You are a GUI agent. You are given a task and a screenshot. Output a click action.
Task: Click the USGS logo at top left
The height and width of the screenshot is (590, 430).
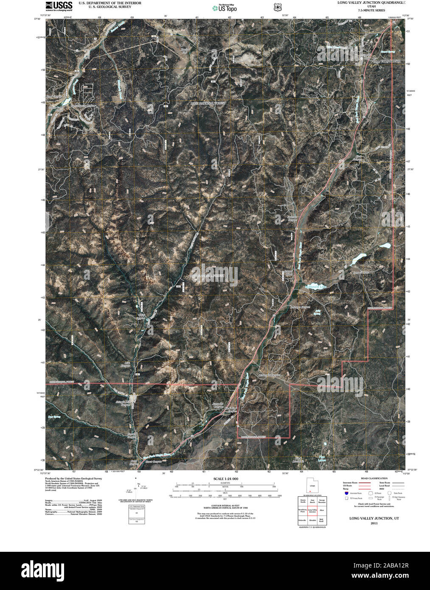[59, 6]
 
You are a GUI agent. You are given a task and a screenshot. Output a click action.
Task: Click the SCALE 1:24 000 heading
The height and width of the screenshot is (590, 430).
[226, 479]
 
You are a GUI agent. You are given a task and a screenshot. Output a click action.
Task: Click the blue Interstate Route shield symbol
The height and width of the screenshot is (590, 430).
[346, 494]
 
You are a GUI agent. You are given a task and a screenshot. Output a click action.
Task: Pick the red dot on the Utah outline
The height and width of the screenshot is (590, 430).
[310, 493]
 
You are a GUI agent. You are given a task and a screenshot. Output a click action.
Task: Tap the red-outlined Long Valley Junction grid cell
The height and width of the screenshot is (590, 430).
[312, 512]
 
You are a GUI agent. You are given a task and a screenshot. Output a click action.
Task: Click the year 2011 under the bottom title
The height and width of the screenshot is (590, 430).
[374, 524]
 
